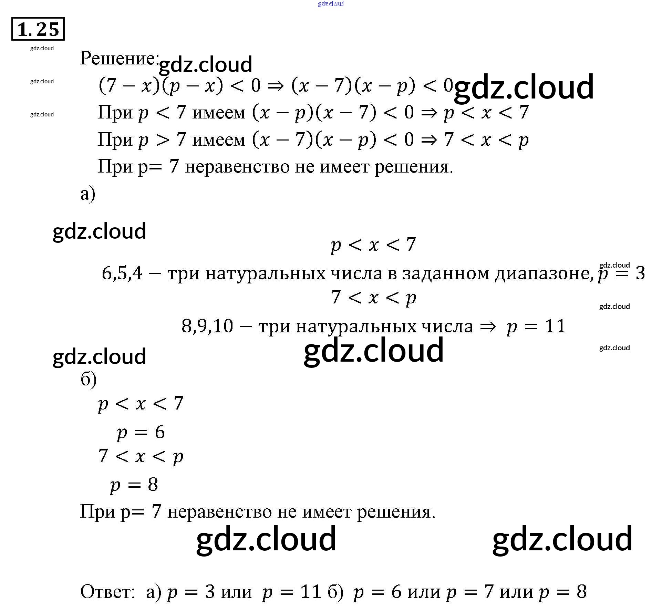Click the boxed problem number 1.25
pos(38,29)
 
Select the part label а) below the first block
pos(87,194)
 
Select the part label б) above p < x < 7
pos(88,380)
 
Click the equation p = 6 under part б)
pos(141,432)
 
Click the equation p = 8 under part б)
pos(134,485)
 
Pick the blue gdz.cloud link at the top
pos(331,4)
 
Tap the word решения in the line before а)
pos(413,167)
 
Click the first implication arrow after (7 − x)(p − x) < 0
pos(276,85)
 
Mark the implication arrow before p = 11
pos(488,326)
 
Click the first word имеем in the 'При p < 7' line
pos(219,113)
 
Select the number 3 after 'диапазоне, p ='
pos(640,273)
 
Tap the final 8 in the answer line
pos(582,592)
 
